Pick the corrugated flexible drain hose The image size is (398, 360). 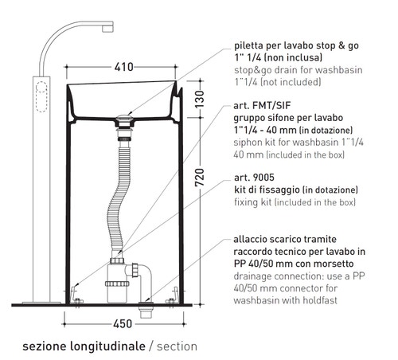pos(117,199)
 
